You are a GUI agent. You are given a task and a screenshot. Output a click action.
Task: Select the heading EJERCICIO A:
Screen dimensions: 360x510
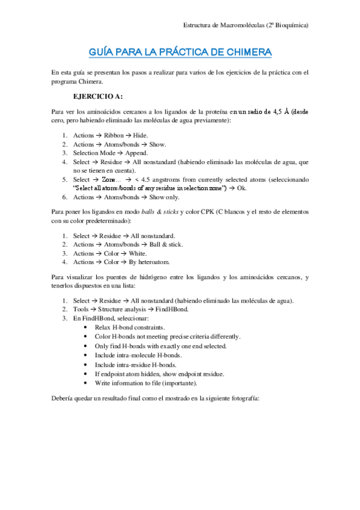click(x=97, y=96)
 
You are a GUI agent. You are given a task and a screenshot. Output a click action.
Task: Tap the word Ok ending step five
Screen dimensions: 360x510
click(x=242, y=188)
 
